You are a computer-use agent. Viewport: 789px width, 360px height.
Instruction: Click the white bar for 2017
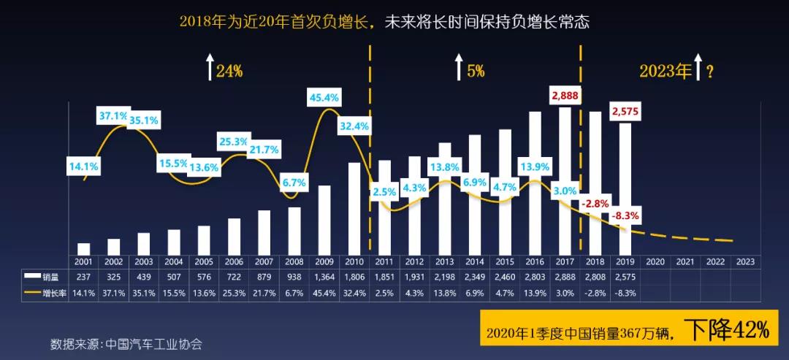[565, 180]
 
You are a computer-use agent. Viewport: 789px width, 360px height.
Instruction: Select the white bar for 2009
[324, 219]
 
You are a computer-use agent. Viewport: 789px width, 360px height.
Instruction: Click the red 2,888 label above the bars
[565, 96]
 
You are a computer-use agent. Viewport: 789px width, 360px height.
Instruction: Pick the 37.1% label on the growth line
[115, 115]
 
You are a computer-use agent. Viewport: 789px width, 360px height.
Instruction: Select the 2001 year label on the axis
[83, 261]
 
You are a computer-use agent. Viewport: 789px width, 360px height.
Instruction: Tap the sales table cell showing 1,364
[324, 277]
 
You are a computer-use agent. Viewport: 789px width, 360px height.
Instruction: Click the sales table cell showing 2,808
[595, 277]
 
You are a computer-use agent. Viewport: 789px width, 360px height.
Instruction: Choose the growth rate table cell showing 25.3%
[234, 294]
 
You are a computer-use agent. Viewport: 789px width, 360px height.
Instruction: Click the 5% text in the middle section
[476, 71]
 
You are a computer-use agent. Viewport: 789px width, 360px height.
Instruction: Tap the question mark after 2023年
[709, 71]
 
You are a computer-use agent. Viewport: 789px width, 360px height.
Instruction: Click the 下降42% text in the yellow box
[728, 331]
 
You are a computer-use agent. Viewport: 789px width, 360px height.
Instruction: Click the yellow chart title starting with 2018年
[384, 22]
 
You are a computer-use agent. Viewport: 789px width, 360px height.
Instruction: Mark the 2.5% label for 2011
[384, 192]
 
